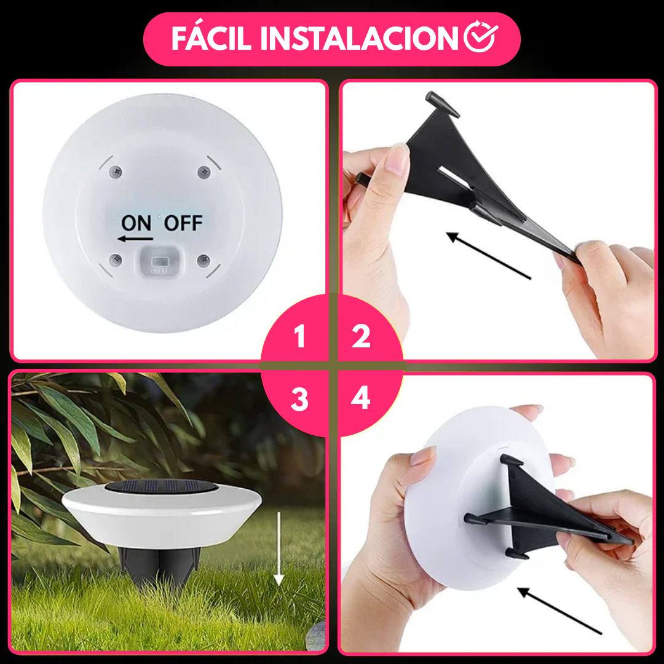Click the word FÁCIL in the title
point(210,39)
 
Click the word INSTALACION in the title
point(359,39)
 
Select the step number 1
point(299,336)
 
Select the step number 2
point(361,336)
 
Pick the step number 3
point(299,400)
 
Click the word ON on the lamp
point(136,223)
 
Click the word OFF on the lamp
point(183,223)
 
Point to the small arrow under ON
point(136,239)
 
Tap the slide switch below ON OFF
point(159,261)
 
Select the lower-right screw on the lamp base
point(202,261)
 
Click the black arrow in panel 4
point(559,611)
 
